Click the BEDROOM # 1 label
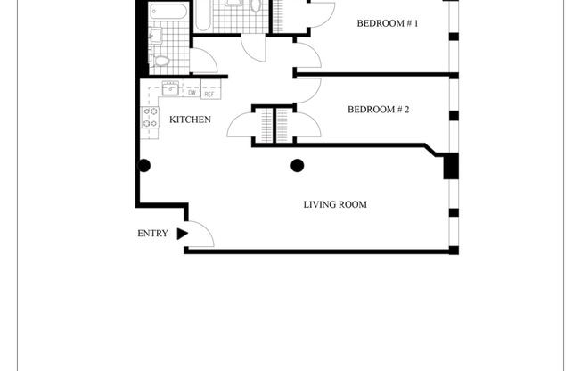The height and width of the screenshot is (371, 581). point(388,23)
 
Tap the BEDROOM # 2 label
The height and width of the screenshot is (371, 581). point(378,110)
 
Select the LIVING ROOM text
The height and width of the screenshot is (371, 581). point(335,205)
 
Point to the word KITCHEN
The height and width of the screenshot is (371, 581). point(190,119)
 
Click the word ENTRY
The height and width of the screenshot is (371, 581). point(151,234)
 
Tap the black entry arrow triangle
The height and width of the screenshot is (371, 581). point(182,234)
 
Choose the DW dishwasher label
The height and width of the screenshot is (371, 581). point(191,92)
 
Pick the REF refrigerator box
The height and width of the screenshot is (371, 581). point(210,92)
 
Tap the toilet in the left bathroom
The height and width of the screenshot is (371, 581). point(161,61)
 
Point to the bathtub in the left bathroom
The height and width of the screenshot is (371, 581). point(169,12)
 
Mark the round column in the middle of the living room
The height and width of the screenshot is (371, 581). point(298,165)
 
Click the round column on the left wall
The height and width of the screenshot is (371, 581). point(143,165)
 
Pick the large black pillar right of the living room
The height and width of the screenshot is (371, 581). point(450,166)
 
